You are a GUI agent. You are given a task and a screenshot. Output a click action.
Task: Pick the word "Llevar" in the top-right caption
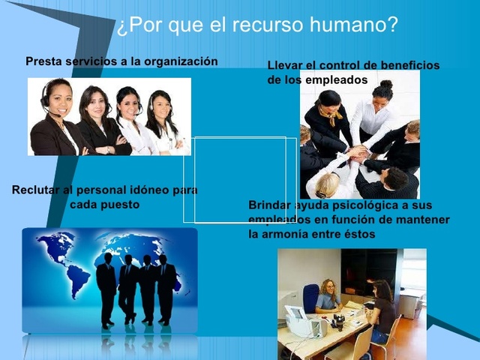point(286,65)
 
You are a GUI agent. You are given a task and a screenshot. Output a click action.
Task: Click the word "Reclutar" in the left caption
point(36,190)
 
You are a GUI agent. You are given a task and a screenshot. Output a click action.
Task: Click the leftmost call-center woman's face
point(56,98)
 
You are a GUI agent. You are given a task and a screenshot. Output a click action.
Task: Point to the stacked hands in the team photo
point(358,154)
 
